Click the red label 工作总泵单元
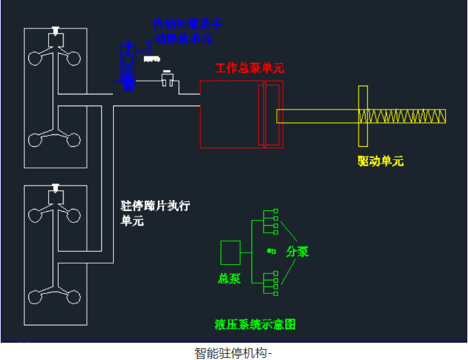pos(249,68)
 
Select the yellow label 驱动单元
pos(380,161)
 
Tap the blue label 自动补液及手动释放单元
pos(187,31)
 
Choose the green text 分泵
pos(297,252)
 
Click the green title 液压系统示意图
pos(255,324)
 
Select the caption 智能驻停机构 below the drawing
pos(233,353)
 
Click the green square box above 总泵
pos(230,252)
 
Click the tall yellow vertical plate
pos(363,116)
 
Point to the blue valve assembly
pos(127,66)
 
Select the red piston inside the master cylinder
pos(270,114)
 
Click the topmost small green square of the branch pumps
pos(276,211)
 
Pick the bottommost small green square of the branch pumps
pos(276,294)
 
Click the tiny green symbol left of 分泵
pos(271,251)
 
